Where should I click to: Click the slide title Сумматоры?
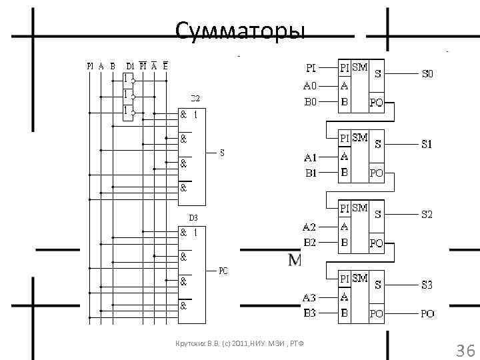[239, 31]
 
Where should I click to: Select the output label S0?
[427, 75]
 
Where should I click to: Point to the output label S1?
[427, 143]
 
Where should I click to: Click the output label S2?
[427, 215]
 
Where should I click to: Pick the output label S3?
[427, 285]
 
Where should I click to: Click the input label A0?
[311, 85]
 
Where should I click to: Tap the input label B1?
[311, 173]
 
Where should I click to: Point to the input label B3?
[311, 313]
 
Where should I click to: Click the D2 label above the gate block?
[196, 98]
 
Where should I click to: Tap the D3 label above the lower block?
[193, 218]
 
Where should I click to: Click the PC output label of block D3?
[223, 271]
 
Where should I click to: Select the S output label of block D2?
[222, 153]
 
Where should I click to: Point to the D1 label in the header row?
[131, 65]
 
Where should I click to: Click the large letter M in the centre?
[295, 259]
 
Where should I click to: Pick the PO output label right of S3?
[427, 313]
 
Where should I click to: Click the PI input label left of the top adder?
[311, 68]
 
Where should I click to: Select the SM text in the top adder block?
[360, 67]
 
